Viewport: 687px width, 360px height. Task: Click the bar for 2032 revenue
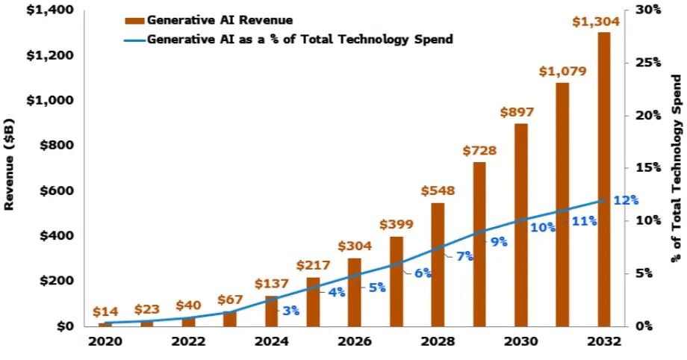click(x=604, y=179)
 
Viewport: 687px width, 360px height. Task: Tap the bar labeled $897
click(x=521, y=224)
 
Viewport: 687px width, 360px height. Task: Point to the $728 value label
click(x=479, y=151)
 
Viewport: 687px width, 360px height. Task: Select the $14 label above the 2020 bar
click(x=105, y=312)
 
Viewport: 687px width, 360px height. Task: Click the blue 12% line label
click(x=626, y=200)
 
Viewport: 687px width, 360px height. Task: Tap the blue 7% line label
click(x=464, y=256)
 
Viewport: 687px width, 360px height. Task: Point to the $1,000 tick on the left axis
click(x=55, y=100)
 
